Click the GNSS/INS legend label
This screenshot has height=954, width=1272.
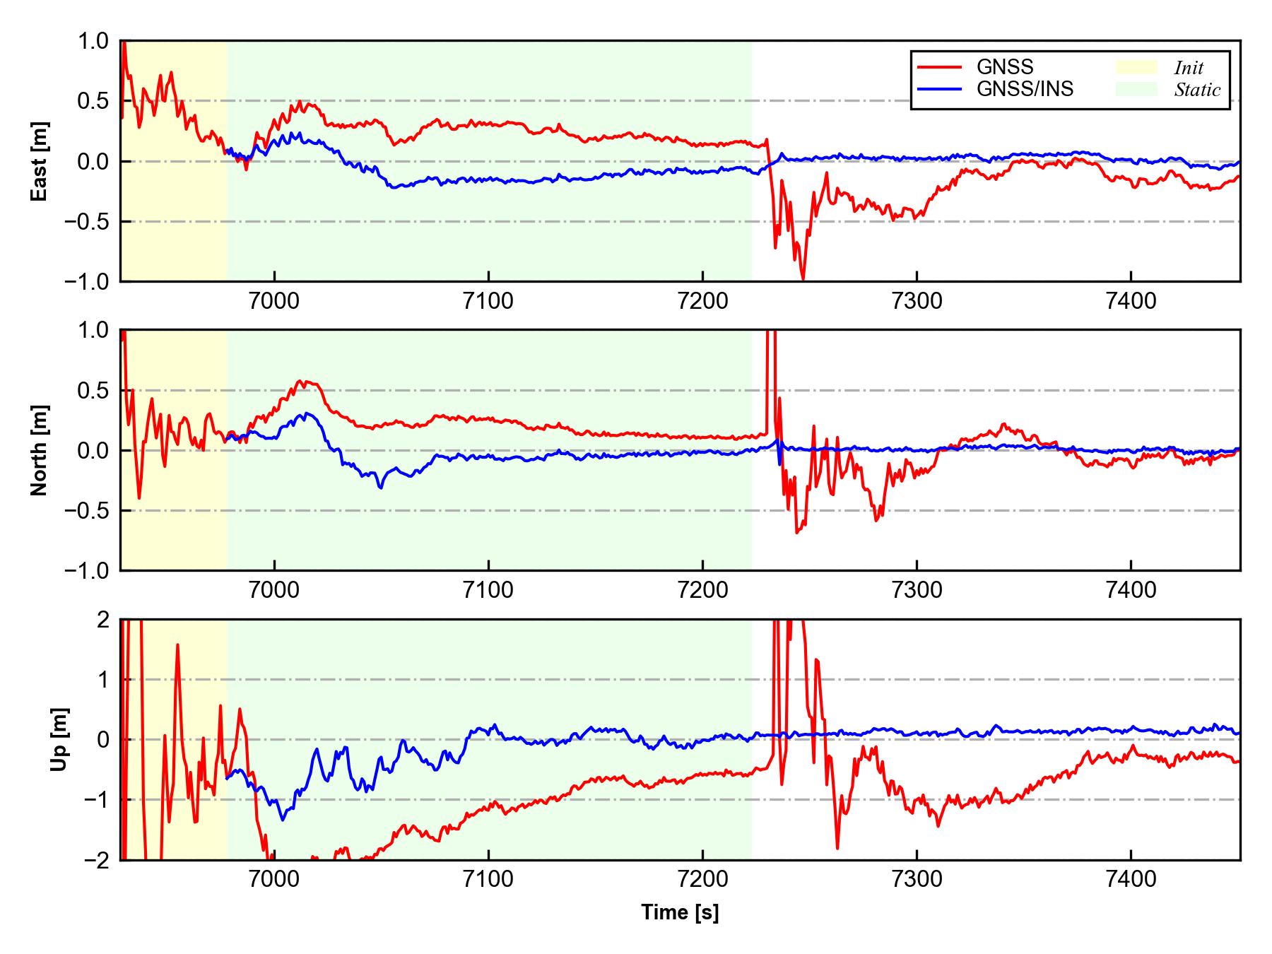point(1024,89)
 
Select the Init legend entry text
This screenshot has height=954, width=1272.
point(1189,68)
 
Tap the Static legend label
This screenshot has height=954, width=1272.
point(1197,90)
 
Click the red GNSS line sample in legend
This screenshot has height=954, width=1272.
point(939,67)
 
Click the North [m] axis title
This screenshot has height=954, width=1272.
point(40,450)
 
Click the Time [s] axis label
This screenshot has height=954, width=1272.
point(680,913)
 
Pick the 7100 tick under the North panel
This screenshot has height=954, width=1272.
point(488,590)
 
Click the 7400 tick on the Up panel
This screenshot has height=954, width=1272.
point(1131,880)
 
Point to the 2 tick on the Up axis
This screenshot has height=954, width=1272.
point(103,620)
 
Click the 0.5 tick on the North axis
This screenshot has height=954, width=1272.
point(95,390)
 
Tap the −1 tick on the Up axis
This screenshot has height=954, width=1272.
point(95,800)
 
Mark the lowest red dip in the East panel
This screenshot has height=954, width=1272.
point(803,278)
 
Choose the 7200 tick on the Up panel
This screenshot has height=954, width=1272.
point(702,880)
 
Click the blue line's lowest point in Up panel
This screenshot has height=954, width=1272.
point(283,820)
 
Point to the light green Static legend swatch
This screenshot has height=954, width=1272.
point(1136,89)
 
